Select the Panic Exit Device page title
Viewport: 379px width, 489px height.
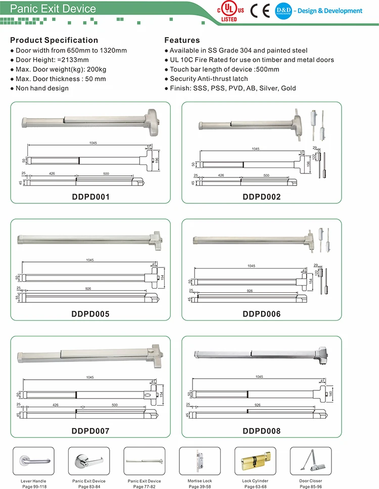pyautogui.click(x=53, y=9)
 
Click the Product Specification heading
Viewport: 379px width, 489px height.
pyautogui.click(x=54, y=40)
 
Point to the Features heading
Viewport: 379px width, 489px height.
pyautogui.click(x=182, y=40)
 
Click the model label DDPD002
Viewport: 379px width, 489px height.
pyautogui.click(x=261, y=197)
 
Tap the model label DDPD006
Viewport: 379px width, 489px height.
pyautogui.click(x=261, y=314)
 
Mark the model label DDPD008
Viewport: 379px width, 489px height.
pyautogui.click(x=261, y=431)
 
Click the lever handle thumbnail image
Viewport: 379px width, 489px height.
pyautogui.click(x=35, y=461)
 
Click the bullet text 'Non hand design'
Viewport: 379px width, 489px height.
pyautogui.click(x=42, y=88)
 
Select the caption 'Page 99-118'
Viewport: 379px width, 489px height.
pyautogui.click(x=35, y=486)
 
